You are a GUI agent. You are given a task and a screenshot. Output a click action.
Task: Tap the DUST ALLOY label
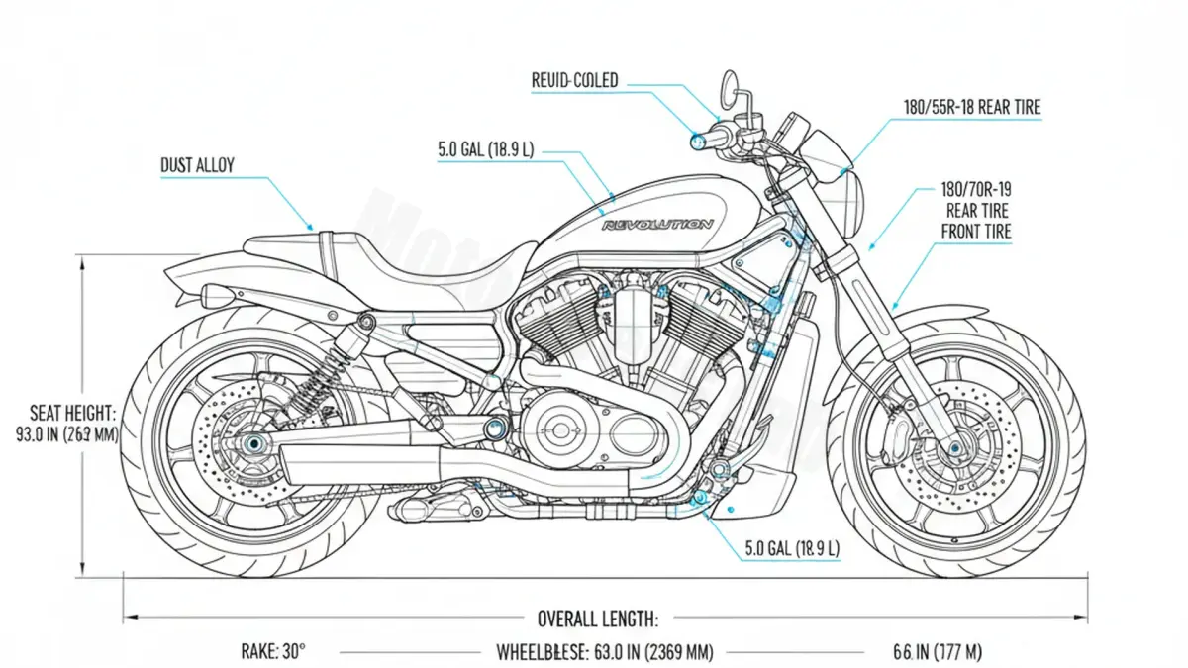click(x=197, y=166)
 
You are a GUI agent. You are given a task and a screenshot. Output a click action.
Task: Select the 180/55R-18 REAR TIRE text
click(x=972, y=107)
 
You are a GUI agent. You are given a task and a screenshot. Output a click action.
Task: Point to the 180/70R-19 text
click(x=975, y=188)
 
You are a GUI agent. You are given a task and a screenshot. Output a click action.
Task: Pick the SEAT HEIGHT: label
click(x=73, y=412)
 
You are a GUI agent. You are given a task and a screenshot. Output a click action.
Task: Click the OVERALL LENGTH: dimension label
click(x=597, y=620)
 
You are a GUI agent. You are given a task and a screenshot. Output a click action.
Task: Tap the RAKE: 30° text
click(x=273, y=652)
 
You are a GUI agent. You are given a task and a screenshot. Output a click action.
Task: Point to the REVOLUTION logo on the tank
click(x=657, y=226)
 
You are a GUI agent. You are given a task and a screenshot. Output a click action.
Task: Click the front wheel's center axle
click(x=955, y=448)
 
